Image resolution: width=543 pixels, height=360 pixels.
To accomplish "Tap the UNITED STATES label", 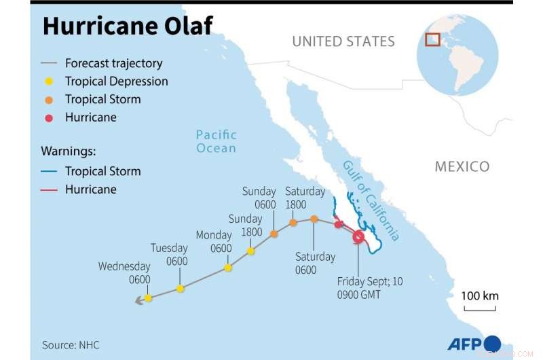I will tap(343, 41).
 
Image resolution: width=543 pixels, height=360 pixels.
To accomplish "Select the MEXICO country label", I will tap(462, 166).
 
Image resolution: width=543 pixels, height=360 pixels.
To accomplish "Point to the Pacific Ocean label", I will tap(217, 141).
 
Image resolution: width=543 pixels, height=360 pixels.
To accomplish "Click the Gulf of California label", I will tap(371, 201).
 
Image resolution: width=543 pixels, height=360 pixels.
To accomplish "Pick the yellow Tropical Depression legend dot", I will tap(50, 82).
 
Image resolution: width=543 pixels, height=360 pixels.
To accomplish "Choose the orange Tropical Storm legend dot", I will tap(50, 99).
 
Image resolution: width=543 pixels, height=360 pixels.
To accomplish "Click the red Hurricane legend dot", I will tap(50, 118).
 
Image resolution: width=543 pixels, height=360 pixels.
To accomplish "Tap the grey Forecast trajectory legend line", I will tap(50, 64).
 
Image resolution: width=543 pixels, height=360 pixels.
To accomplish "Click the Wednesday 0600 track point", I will tap(149, 298).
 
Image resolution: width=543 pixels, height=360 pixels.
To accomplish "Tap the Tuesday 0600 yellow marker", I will tap(180, 289).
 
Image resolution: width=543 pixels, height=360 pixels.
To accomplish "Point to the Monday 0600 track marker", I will tap(228, 268).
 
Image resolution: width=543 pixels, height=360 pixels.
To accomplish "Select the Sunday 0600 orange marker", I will tap(274, 234).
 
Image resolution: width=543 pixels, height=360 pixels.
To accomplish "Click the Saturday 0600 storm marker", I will tap(314, 219).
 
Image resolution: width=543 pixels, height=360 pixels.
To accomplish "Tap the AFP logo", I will tap(473, 343).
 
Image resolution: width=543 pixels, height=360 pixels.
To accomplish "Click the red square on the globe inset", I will tap(432, 39).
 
